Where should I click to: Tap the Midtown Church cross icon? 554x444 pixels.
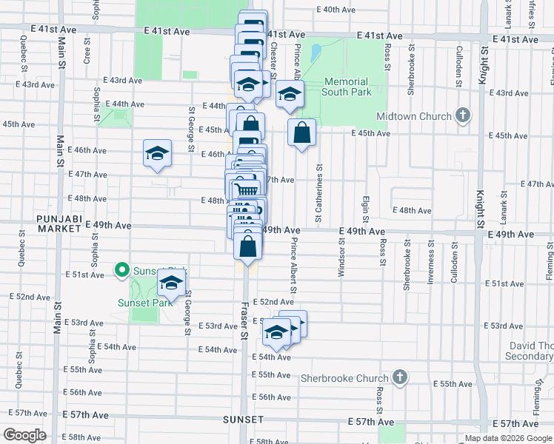(x=463, y=115)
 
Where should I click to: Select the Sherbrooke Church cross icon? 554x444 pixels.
(x=399, y=377)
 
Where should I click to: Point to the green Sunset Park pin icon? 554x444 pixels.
(x=120, y=271)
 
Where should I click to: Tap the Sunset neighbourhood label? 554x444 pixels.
(x=243, y=419)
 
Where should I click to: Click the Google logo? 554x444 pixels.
(x=24, y=434)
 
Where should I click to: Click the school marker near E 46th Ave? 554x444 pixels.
(x=157, y=153)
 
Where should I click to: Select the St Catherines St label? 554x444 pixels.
(x=318, y=193)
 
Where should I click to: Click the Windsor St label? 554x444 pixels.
(x=341, y=258)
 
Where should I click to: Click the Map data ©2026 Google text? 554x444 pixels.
(x=507, y=438)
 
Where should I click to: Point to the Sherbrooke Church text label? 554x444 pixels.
(x=344, y=378)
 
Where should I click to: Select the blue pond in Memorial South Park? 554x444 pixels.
(x=316, y=53)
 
